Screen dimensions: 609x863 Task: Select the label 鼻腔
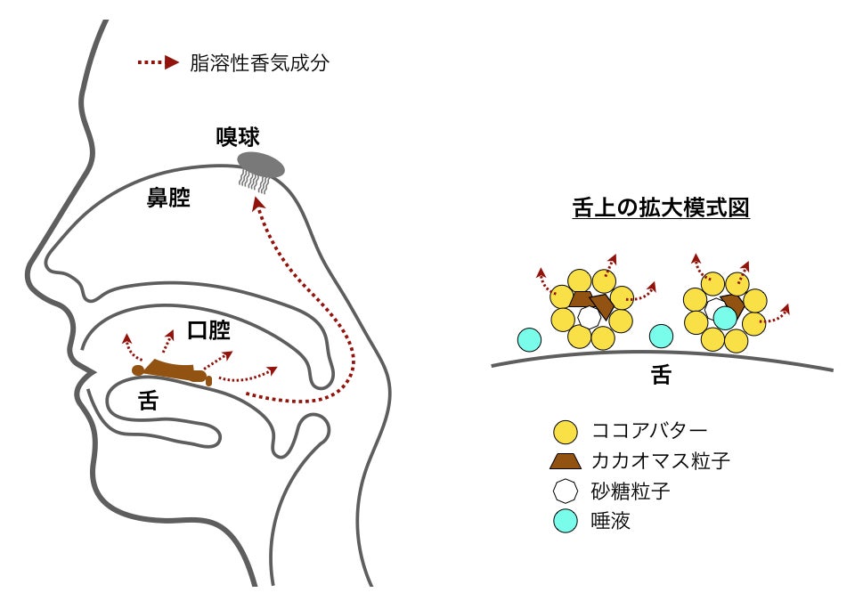click(x=168, y=198)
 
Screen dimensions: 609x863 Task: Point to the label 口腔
click(x=208, y=331)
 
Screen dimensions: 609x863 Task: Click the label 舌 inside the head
click(x=149, y=401)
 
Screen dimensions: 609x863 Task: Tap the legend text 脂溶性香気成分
click(x=259, y=64)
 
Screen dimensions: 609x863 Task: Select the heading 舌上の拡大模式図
click(x=660, y=208)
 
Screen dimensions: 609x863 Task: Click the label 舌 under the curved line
click(x=661, y=376)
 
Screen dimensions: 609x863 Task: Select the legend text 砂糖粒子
click(x=623, y=491)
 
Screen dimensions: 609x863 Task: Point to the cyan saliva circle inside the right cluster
click(x=725, y=317)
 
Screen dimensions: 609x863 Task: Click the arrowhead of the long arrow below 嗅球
click(x=257, y=204)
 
